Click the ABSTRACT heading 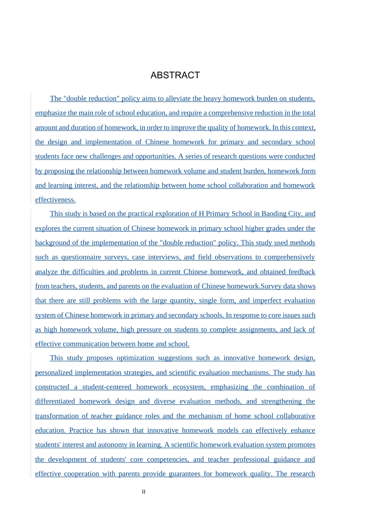click(175, 75)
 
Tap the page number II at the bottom click(144, 492)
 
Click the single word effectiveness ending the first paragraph click(55, 200)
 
